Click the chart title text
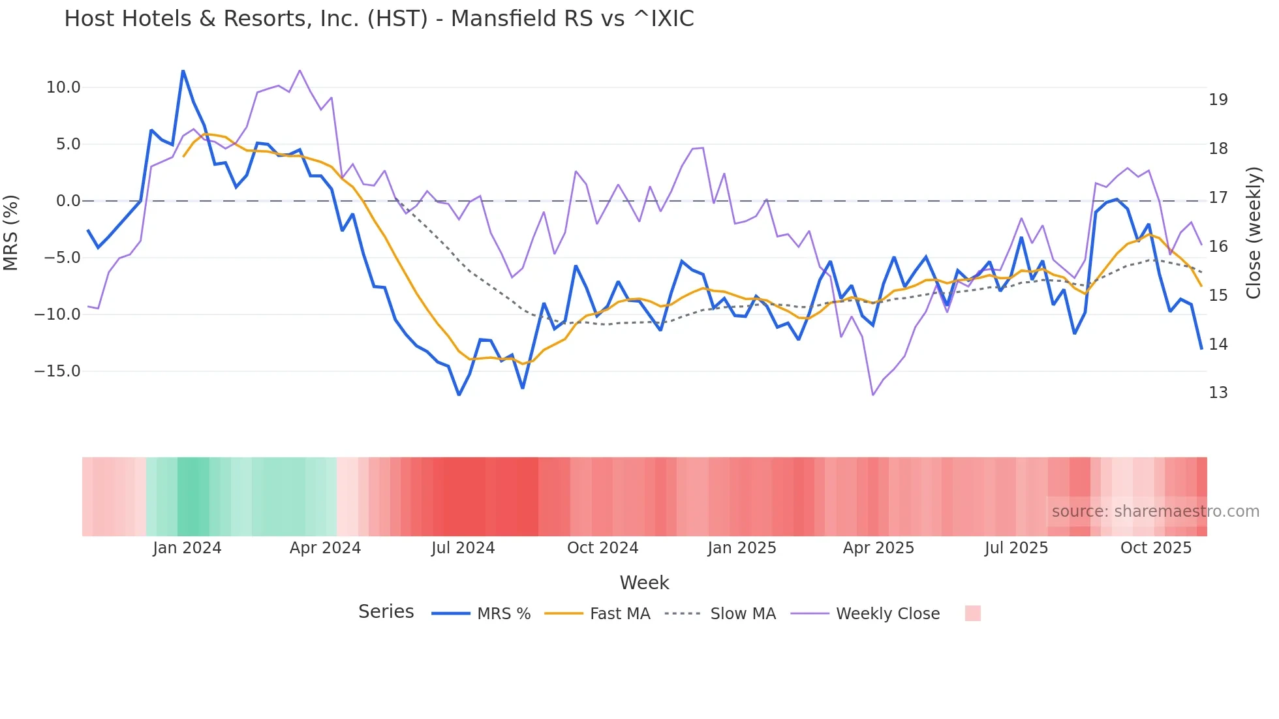coord(378,19)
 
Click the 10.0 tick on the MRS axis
coord(63,87)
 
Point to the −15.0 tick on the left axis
coord(58,371)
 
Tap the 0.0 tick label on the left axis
coord(69,201)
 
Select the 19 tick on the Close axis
coord(1218,100)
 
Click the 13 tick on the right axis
coord(1218,393)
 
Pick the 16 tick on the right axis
coord(1218,247)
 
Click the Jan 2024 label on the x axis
coord(187,548)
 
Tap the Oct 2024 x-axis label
coord(602,548)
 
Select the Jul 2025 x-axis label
coord(1016,548)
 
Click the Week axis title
coord(644,583)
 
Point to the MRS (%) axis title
coord(11,232)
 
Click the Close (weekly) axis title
coord(1253,232)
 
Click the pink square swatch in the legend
coord(972,613)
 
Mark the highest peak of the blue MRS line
coord(183,70)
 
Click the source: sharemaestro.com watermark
coord(1155,512)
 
